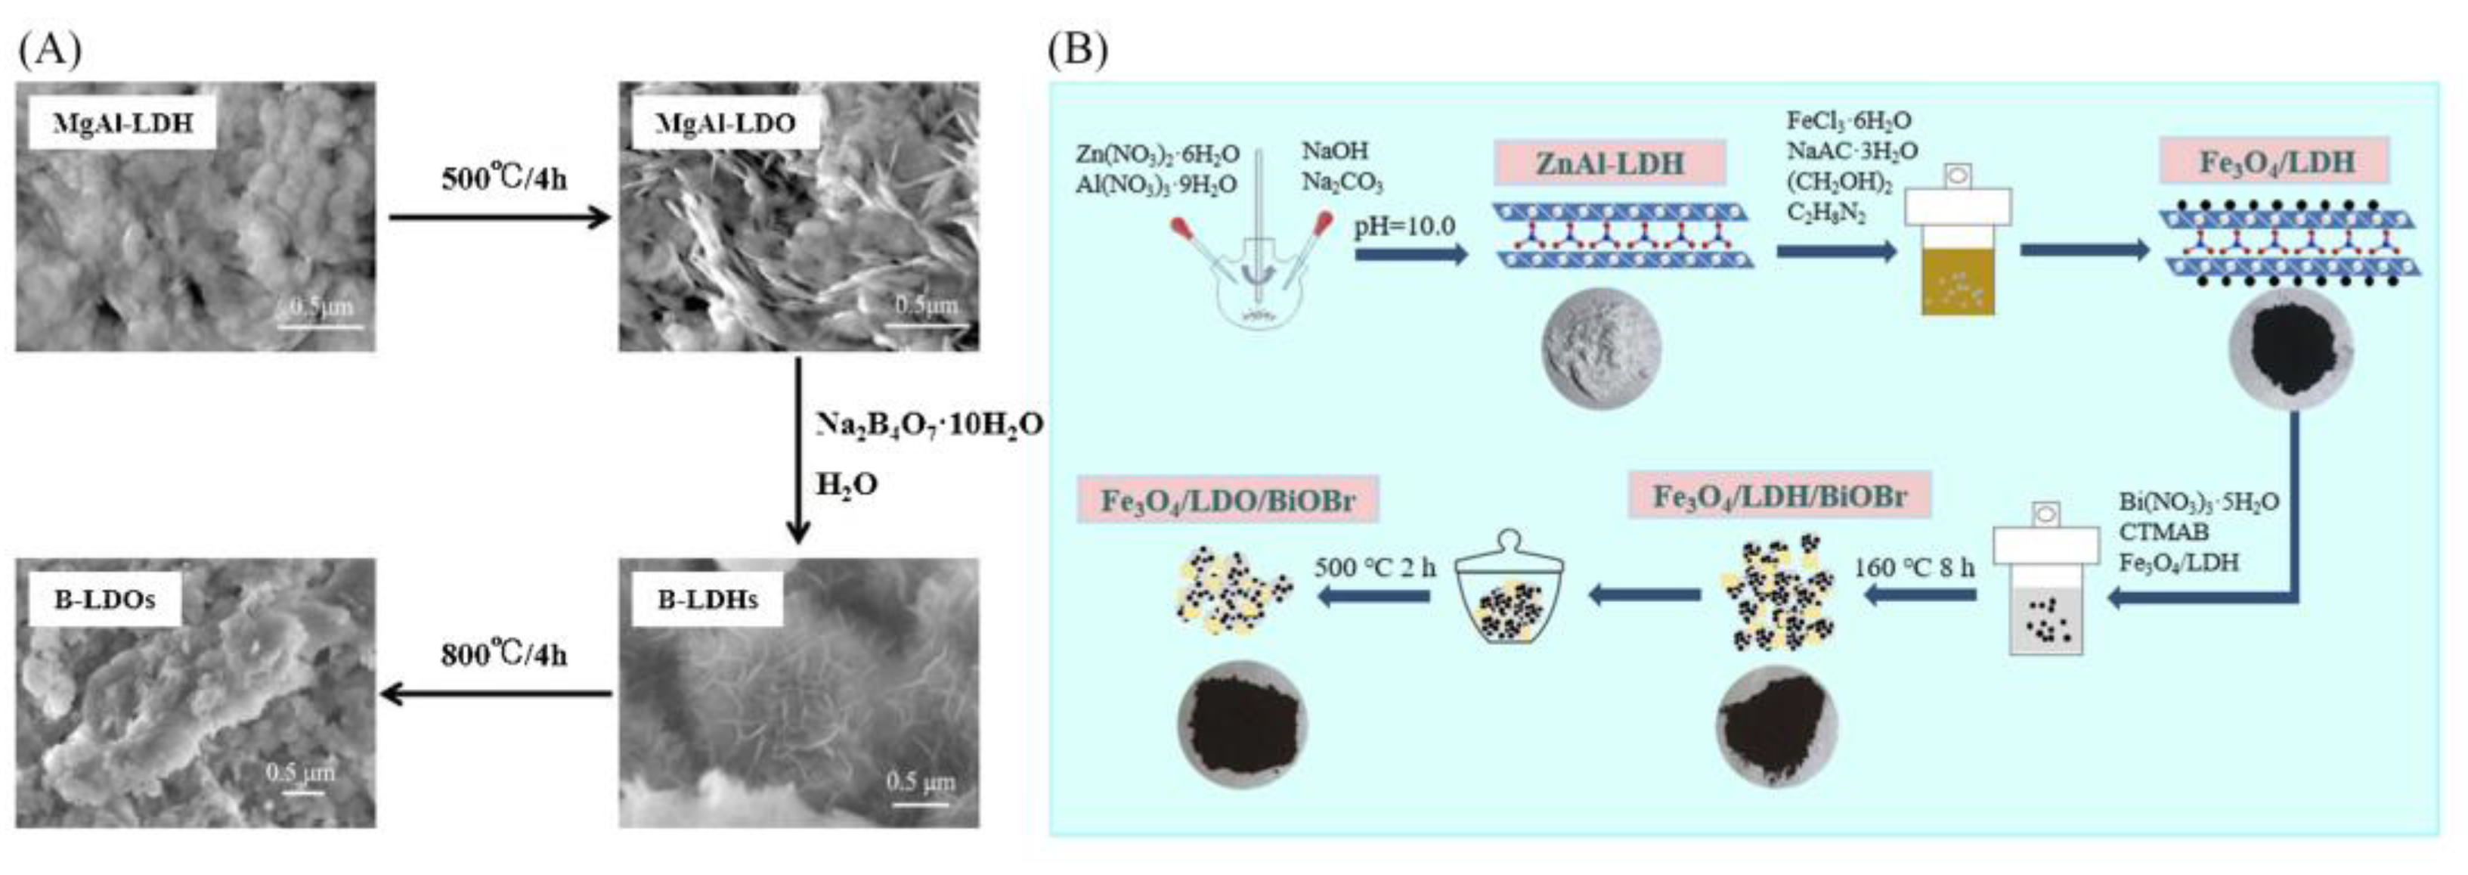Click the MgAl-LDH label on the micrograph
(122, 123)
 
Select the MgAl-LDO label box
(724, 123)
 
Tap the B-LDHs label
(707, 600)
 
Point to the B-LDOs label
(104, 600)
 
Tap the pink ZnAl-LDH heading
(1609, 163)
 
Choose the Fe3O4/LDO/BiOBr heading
(1228, 501)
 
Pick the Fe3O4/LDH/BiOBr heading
(1779, 495)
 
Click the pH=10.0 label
(1404, 226)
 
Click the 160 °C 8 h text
(1913, 567)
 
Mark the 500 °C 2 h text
(1374, 566)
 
